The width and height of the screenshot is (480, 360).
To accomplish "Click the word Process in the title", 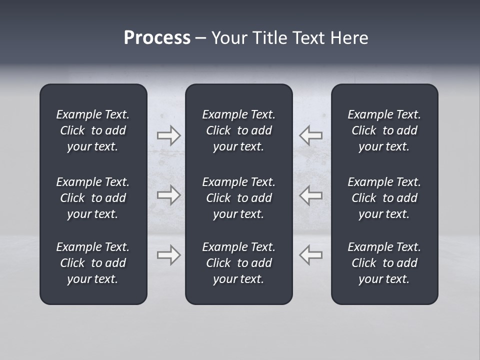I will tap(157, 38).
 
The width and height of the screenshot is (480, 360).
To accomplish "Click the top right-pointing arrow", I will tap(168, 135).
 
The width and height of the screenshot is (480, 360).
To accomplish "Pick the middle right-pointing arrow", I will tap(168, 195).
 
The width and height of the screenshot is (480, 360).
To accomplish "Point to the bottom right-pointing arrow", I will tap(168, 255).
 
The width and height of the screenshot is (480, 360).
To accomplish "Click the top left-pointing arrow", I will tap(311, 135).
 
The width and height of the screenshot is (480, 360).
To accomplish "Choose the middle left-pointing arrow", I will tap(311, 195).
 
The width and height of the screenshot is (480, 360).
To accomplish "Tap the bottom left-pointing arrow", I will tap(311, 255).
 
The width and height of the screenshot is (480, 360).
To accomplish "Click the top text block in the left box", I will tap(93, 130).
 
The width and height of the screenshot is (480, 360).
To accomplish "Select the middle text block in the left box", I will tap(93, 198).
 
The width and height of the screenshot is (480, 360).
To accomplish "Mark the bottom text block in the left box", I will tap(93, 263).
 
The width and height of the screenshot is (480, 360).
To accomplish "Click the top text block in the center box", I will tap(238, 130).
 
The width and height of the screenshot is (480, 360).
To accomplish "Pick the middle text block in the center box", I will tap(238, 198).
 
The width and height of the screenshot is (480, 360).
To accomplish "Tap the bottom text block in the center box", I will tap(238, 263).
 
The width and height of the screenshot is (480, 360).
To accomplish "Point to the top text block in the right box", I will tap(384, 130).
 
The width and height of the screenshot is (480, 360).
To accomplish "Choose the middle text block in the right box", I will tap(384, 198).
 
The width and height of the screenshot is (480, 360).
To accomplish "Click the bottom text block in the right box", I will tap(384, 263).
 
